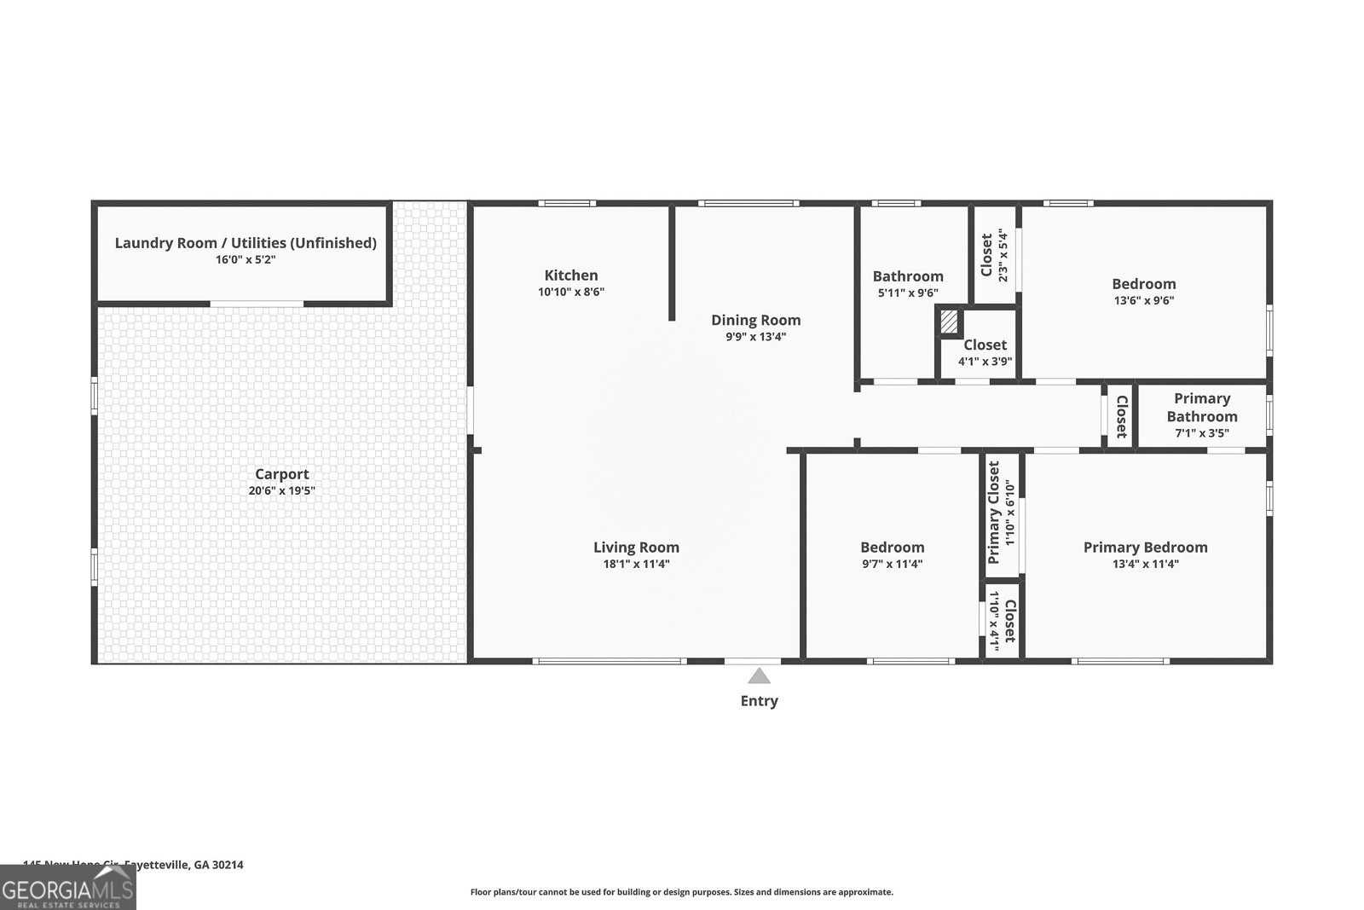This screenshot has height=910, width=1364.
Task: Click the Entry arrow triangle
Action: [759, 676]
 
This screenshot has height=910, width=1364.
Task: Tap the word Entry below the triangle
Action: [759, 701]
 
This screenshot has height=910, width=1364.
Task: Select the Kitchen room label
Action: [571, 275]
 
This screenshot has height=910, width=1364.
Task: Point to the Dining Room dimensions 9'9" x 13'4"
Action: [755, 336]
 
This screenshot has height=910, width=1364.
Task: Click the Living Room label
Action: [636, 548]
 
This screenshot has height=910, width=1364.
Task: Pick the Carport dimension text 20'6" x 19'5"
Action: [281, 490]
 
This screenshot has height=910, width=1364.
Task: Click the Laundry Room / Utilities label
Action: [246, 243]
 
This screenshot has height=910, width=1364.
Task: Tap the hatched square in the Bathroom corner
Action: [949, 323]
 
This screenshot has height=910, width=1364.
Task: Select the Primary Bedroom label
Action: [1145, 548]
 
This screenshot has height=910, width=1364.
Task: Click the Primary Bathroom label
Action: [1202, 408]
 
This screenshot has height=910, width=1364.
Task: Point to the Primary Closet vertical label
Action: [994, 513]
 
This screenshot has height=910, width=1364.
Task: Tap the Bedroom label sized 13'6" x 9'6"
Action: [1143, 284]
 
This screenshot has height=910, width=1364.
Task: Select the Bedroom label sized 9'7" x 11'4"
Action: [892, 548]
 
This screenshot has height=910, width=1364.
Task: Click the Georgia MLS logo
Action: [67, 888]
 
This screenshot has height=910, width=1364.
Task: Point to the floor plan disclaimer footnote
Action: [681, 892]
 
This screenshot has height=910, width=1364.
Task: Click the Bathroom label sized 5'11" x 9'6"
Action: [907, 276]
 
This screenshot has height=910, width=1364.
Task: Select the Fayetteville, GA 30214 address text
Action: [184, 864]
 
